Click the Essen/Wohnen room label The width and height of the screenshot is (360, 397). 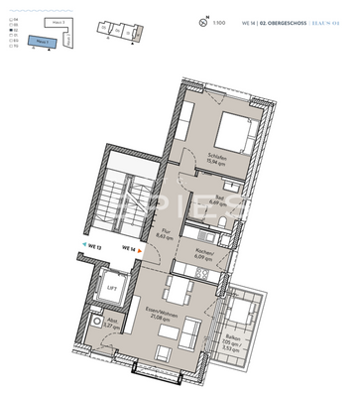[x=153, y=319]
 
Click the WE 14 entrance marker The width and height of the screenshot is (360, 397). [x=128, y=250]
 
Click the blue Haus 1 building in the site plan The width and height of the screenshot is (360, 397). [x=43, y=41]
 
